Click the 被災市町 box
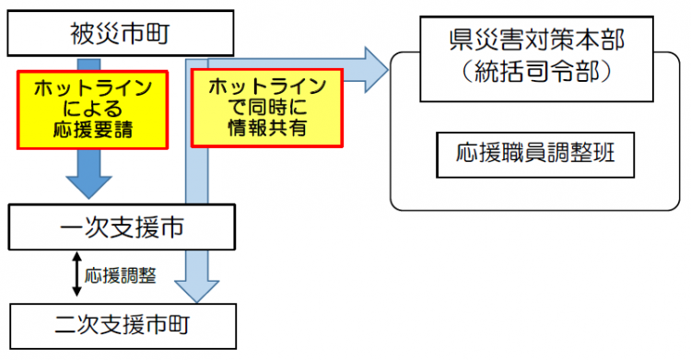(121, 35)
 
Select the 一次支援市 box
(121, 226)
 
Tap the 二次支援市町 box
(121, 326)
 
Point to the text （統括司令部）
(530, 74)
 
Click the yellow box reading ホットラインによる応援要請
(91, 108)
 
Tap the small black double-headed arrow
(76, 275)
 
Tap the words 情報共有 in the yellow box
(266, 129)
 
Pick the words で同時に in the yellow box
(266, 108)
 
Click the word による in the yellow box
(91, 109)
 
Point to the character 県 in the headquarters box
(461, 40)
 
